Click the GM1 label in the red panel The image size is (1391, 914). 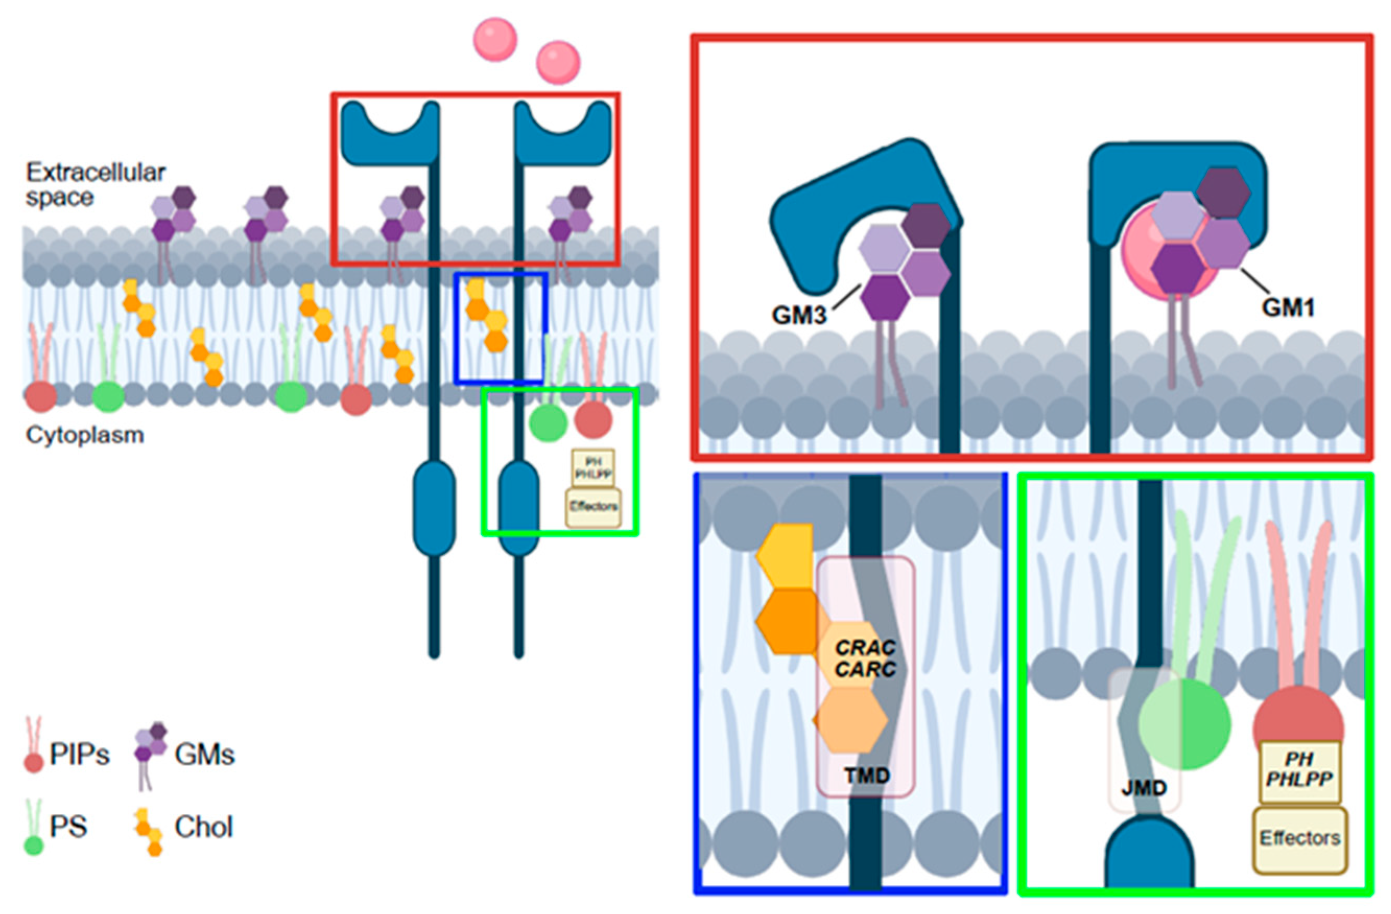pyautogui.click(x=1288, y=307)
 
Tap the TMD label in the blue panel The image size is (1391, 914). pyautogui.click(x=867, y=776)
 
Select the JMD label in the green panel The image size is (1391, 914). pyautogui.click(x=1143, y=788)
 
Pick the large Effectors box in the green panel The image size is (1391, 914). pyautogui.click(x=1300, y=839)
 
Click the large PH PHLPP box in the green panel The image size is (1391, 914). pyautogui.click(x=1299, y=770)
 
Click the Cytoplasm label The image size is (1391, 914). pyautogui.click(x=85, y=435)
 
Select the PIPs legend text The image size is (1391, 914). pyautogui.click(x=79, y=755)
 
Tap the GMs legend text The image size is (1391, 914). pyautogui.click(x=205, y=755)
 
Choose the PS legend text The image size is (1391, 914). pyautogui.click(x=68, y=827)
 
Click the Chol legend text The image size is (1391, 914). pyautogui.click(x=204, y=827)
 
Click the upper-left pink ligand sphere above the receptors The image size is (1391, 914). pyautogui.click(x=495, y=40)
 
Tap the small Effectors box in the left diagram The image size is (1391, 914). pyautogui.click(x=593, y=507)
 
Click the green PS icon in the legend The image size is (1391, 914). pyautogui.click(x=34, y=845)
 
